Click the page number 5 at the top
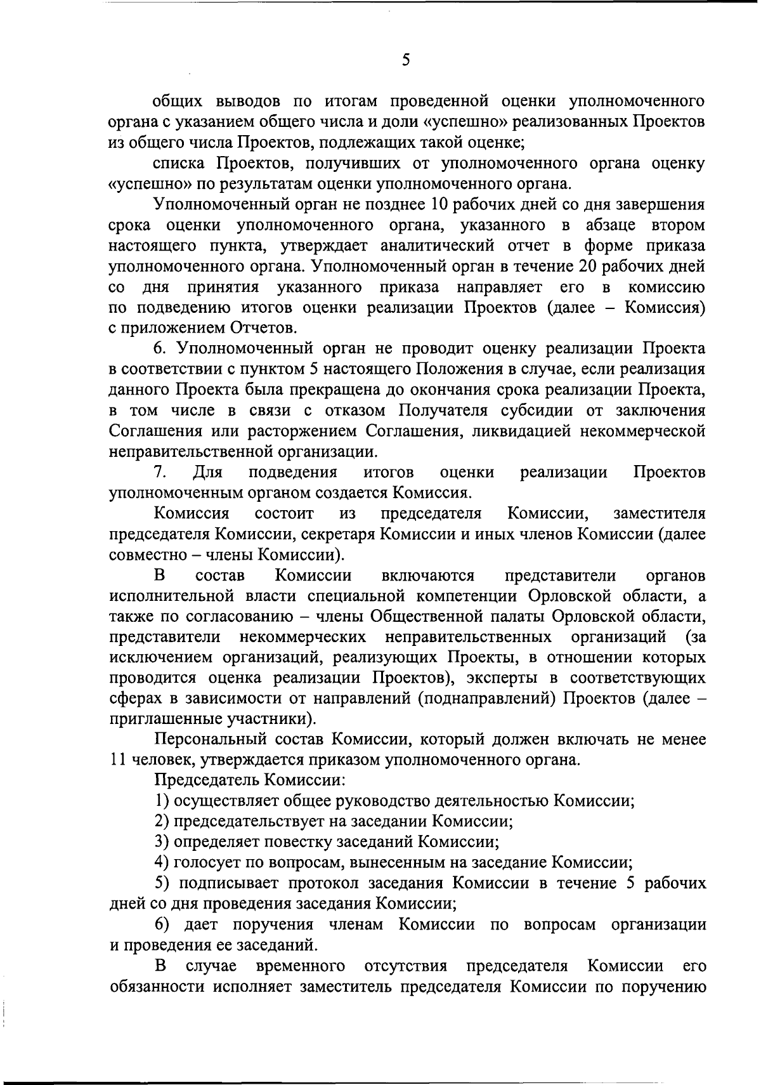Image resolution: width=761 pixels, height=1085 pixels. (406, 60)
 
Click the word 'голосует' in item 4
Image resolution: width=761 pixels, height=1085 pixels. (208, 862)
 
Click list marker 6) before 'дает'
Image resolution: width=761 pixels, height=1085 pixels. (162, 924)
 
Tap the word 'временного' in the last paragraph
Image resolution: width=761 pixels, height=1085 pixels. (301, 966)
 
